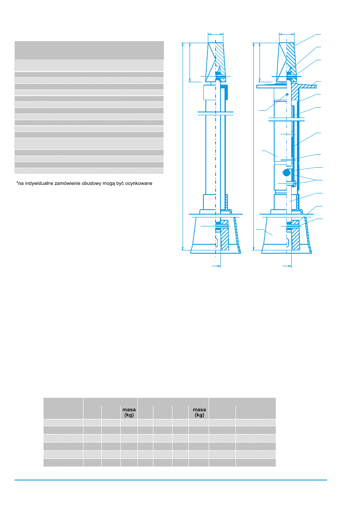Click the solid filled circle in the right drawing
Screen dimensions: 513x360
coord(287,173)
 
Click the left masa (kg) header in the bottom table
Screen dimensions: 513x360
coord(129,412)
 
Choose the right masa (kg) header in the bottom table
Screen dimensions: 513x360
coord(199,412)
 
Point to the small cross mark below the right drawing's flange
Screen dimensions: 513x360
coord(287,94)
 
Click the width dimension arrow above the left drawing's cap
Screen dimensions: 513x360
coord(216,34)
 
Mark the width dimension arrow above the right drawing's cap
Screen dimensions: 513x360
coord(287,34)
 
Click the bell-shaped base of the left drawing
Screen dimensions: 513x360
coord(203,236)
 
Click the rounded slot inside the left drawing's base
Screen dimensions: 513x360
coord(216,243)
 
